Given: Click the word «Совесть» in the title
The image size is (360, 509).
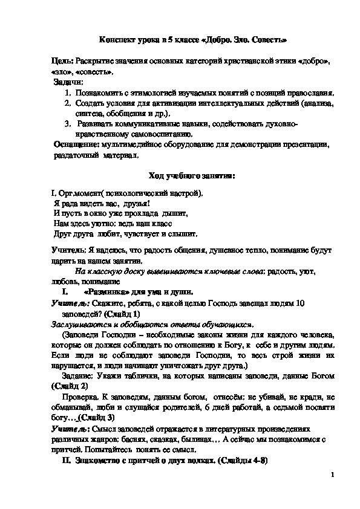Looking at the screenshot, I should pyautogui.click(x=263, y=39).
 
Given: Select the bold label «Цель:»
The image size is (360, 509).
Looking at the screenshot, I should pyautogui.click(x=64, y=62).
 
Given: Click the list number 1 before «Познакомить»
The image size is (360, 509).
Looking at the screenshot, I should pyautogui.click(x=67, y=92).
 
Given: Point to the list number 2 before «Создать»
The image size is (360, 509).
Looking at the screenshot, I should pyautogui.click(x=67, y=103).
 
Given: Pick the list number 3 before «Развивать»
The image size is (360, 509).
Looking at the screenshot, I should pyautogui.click(x=67, y=124).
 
